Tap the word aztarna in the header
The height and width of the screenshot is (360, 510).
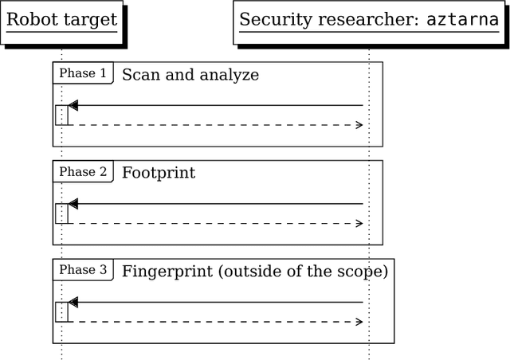pos(461,20)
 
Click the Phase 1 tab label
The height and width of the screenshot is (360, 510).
pos(83,73)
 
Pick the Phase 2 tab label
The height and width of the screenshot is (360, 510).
pos(83,172)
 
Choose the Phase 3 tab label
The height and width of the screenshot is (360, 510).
pos(83,270)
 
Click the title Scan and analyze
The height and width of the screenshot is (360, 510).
pos(190,75)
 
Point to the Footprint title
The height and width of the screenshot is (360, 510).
pos(158,173)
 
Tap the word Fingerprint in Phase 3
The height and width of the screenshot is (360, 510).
pos(167,272)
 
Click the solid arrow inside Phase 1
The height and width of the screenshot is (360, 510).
pos(215,105)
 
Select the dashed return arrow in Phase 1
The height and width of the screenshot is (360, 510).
pos(215,125)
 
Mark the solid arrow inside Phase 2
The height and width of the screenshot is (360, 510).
pos(215,204)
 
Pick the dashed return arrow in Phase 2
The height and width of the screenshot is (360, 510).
pos(215,224)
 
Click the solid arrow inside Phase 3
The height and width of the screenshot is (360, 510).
pos(215,303)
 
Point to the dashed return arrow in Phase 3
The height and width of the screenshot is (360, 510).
pos(215,322)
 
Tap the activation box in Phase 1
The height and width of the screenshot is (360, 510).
pos(61,115)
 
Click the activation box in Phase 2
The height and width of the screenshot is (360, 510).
pos(61,213)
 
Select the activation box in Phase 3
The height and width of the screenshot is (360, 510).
pos(61,312)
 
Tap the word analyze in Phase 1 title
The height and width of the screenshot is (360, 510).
pos(230,76)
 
